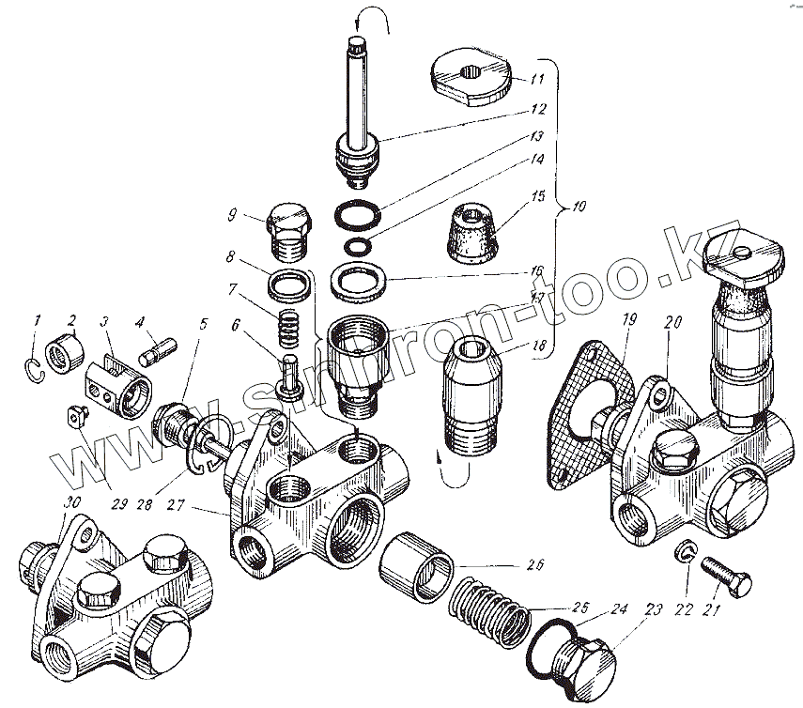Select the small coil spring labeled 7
point(289,330)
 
